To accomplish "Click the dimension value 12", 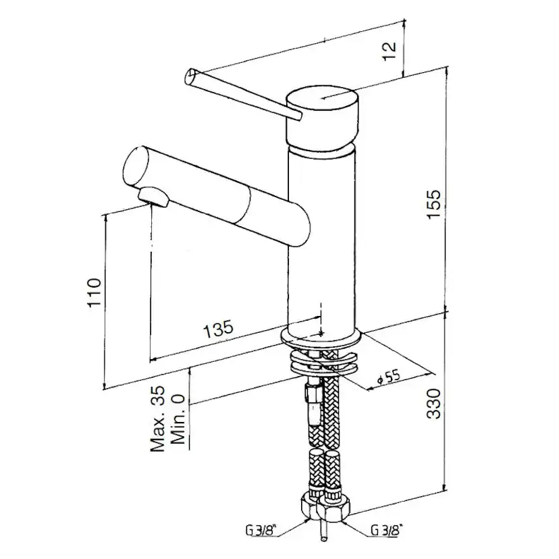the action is (x=390, y=51).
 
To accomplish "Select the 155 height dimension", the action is (x=434, y=204).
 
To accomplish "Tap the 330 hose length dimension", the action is (x=434, y=403).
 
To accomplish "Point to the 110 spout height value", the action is (x=94, y=293).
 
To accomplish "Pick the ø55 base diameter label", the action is (x=389, y=377).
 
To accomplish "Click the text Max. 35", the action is (x=157, y=419).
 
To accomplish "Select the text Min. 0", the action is (x=178, y=419).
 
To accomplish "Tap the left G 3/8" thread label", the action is (x=258, y=531).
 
